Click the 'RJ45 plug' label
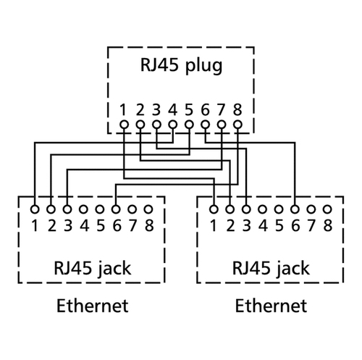coord(181,66)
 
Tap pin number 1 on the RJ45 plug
coord(123,110)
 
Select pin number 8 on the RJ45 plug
coord(237,110)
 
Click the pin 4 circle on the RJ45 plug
coord(173,125)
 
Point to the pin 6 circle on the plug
coord(206,125)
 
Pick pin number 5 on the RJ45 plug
coord(189,110)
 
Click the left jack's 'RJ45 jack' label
coord(93,269)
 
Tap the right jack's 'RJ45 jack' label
coord(271,269)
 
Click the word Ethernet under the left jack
coord(93,306)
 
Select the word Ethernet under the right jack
coord(271,306)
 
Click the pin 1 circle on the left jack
coord(35,209)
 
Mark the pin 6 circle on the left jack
coord(116,209)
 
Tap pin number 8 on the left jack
coord(149,226)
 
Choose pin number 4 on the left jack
coord(85,226)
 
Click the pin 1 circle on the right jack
coord(214,209)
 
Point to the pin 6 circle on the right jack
coord(295,209)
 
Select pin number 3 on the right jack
coord(247,226)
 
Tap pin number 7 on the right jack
coord(311,226)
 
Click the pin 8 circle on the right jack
coord(327,209)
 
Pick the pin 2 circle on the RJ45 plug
coord(140,125)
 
